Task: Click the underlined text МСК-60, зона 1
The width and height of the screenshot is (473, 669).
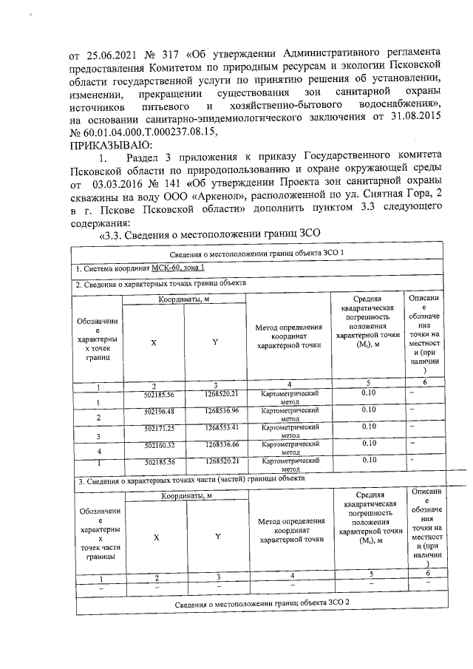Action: tap(173, 268)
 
